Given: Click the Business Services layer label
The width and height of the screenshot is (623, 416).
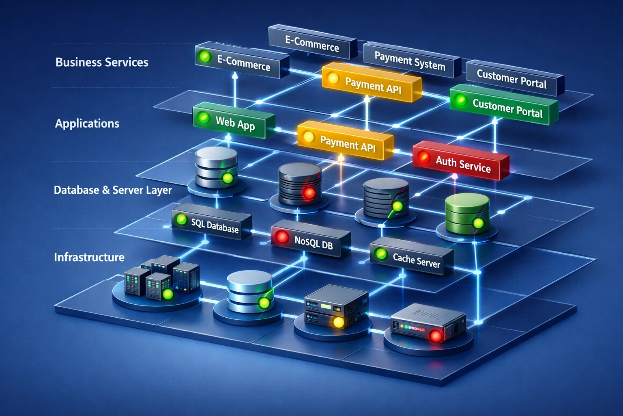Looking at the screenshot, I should click(x=102, y=62).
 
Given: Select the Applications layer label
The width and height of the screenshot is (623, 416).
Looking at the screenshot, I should click(x=87, y=123).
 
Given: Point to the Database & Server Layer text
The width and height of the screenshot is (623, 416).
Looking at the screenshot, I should click(x=113, y=190).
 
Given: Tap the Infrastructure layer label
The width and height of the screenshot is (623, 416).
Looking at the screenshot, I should click(x=89, y=257).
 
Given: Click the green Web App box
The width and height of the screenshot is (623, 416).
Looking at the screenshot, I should click(x=234, y=121).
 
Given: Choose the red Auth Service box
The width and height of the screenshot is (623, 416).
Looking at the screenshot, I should click(x=461, y=161).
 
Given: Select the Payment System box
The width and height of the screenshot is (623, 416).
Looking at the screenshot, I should click(x=410, y=61).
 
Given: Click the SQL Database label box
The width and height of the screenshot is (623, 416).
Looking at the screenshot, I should click(x=212, y=224).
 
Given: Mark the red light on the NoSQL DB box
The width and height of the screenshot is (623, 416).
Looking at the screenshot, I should click(x=281, y=236).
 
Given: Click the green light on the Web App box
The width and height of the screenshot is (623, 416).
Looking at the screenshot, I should click(x=203, y=118).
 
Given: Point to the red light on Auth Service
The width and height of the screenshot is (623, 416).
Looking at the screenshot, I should click(x=424, y=156).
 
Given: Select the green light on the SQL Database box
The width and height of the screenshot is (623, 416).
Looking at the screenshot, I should click(x=181, y=219).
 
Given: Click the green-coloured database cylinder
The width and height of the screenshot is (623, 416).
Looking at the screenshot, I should click(x=467, y=213).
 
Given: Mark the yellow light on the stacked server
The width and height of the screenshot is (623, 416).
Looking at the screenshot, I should click(x=338, y=323).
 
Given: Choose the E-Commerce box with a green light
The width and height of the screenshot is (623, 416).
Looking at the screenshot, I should click(x=242, y=62).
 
